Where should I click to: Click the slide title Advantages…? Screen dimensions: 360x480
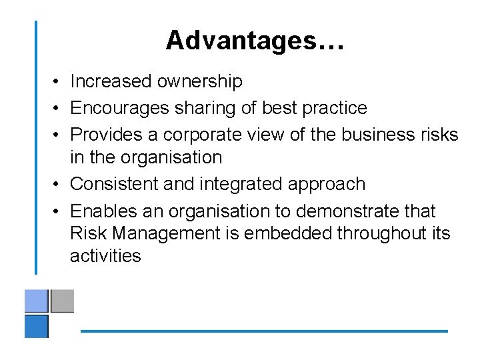pos(255,40)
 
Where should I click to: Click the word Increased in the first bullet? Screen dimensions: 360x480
pos(111,81)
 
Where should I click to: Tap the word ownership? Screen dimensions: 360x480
pos(200,81)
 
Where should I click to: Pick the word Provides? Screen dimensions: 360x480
pos(107,135)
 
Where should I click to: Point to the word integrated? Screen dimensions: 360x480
pos(233,184)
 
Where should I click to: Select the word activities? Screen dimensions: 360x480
pos(105,256)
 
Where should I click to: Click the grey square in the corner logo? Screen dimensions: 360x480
pos(62,301)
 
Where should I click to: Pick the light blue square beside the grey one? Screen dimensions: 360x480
pos(37,301)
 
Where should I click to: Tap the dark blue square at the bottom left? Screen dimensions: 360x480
pos(37,327)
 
